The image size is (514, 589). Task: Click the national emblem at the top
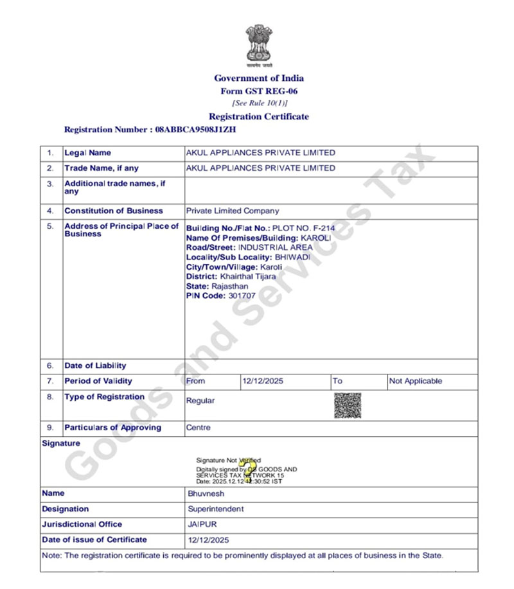click(x=258, y=46)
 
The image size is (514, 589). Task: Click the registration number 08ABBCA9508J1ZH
click(x=196, y=129)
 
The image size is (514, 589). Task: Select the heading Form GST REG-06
click(x=259, y=91)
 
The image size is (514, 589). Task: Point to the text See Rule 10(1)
click(x=260, y=103)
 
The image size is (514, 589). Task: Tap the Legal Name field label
click(x=87, y=153)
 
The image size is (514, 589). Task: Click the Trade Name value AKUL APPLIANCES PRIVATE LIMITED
click(x=260, y=168)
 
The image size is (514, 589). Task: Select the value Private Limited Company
click(x=233, y=211)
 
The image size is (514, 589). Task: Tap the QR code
click(x=347, y=405)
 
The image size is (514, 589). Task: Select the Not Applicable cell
click(x=416, y=381)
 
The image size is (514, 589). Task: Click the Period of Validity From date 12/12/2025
click(x=262, y=381)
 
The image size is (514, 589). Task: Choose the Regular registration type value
click(x=200, y=400)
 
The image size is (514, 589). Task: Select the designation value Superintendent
click(x=216, y=509)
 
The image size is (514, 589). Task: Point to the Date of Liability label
click(x=95, y=365)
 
